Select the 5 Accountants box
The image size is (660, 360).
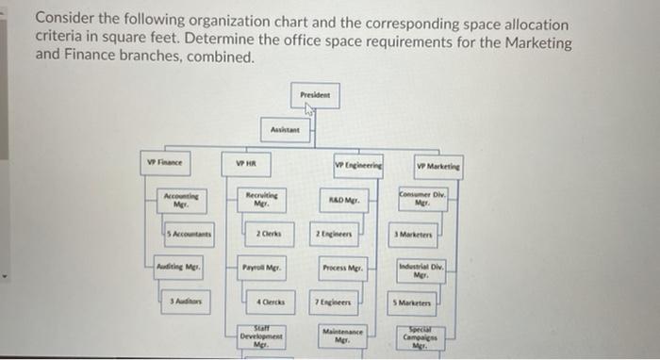[185, 232]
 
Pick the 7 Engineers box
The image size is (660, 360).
[339, 303]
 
